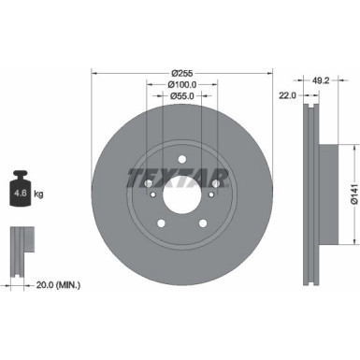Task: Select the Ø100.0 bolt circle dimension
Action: pos(182,86)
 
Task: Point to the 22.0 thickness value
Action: pos(287,95)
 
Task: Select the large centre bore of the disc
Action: pos(182,199)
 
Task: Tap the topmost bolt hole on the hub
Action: pos(182,160)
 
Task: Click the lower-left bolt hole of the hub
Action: pos(160,224)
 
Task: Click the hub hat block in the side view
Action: pos(326,195)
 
